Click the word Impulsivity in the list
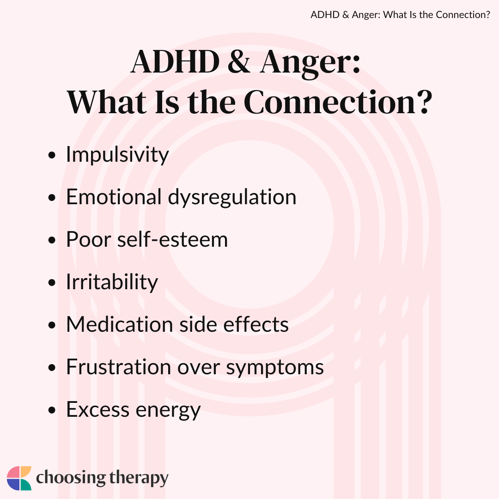tap(117, 155)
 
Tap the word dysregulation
tap(232, 197)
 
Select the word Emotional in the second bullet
tap(114, 197)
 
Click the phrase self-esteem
tap(172, 239)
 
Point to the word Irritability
tap(112, 282)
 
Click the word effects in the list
tap(256, 324)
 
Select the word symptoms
tap(274, 368)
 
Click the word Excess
tap(97, 409)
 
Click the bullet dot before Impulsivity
tap(52, 155)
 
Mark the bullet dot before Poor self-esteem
tap(52, 240)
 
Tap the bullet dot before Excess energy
tap(52, 410)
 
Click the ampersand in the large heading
tap(239, 61)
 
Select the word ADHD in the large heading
tap(176, 61)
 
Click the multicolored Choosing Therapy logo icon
tap(19, 478)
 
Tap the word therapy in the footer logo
tap(139, 478)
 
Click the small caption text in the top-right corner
tap(400, 15)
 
